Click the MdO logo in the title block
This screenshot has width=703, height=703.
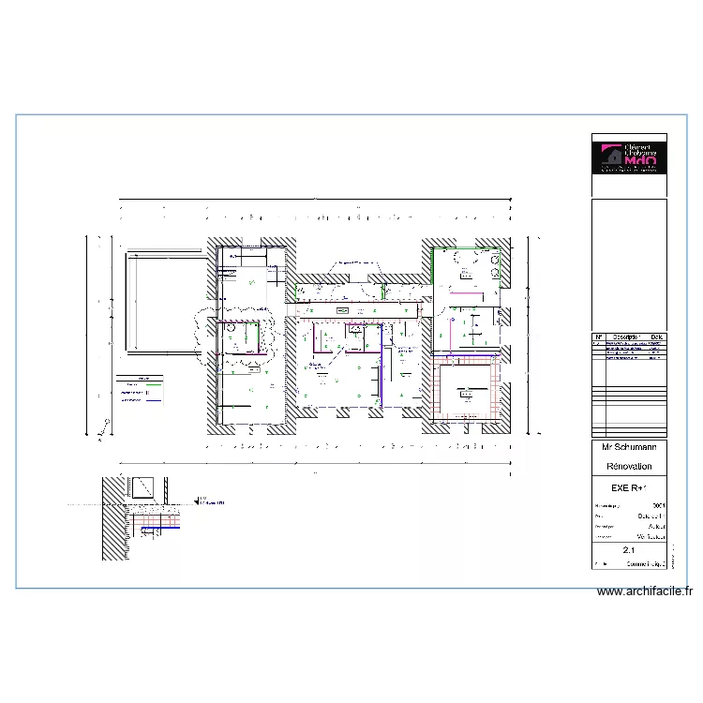point(629,157)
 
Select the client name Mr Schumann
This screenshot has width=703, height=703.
point(629,448)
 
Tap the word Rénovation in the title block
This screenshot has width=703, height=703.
point(629,466)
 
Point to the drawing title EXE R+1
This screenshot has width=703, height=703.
point(629,488)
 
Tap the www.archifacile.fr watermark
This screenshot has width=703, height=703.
point(645,591)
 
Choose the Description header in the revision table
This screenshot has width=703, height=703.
point(624,337)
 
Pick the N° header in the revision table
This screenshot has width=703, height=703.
point(598,337)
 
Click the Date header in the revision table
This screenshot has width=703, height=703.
point(656,337)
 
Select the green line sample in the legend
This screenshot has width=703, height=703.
point(148,385)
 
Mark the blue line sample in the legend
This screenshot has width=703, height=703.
point(148,400)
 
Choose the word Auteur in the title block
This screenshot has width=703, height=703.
point(656,527)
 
